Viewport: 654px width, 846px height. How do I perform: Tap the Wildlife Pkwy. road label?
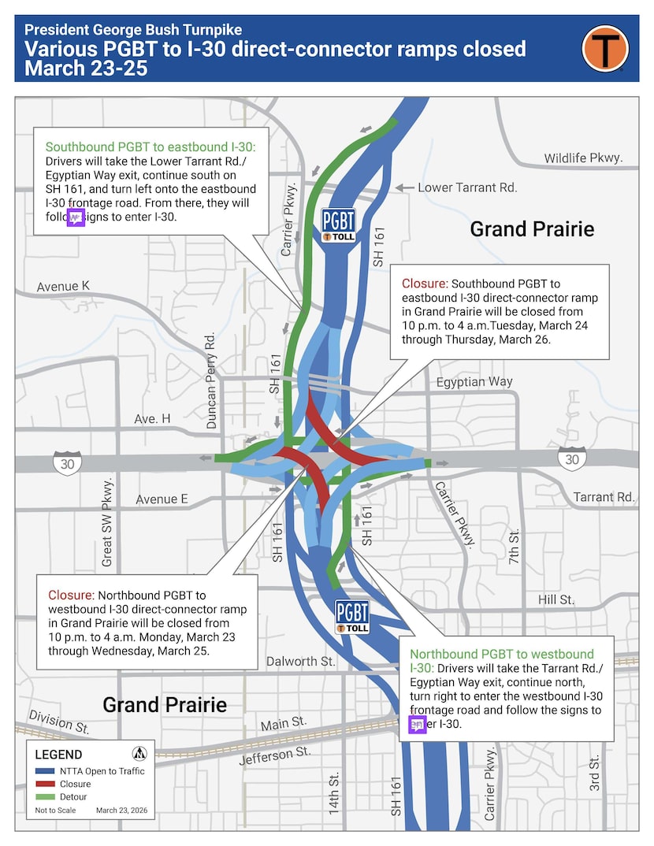(583, 158)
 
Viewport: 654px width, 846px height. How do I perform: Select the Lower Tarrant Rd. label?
(467, 187)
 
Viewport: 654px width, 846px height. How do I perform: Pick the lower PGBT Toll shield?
(352, 616)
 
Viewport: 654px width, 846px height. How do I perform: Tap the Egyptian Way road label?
(474, 381)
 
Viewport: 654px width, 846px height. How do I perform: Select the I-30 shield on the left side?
(67, 463)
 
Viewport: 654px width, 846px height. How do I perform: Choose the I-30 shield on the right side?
(572, 458)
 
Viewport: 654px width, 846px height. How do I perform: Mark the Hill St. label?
(556, 600)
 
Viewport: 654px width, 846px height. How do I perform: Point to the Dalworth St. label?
(301, 662)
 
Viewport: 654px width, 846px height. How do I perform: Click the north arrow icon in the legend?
(139, 753)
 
